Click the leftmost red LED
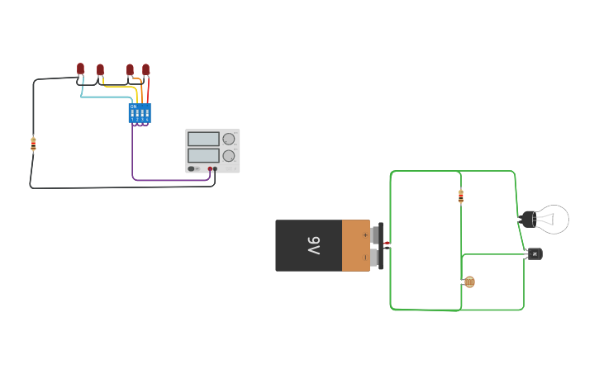coord(80,69)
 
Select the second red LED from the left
coord(100,69)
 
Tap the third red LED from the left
coord(130,69)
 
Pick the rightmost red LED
coord(146,69)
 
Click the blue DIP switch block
coord(140,112)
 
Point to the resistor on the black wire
coord(33,144)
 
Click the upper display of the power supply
coord(203,139)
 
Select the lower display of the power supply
coord(203,155)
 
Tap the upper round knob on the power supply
coord(229,139)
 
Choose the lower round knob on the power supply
coord(229,155)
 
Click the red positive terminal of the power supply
coord(210,168)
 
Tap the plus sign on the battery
coord(365,234)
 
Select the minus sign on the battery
coord(365,258)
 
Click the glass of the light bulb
coord(554,220)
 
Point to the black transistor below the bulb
coord(535,253)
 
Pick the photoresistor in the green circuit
coord(469,282)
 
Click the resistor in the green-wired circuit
coord(461,196)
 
